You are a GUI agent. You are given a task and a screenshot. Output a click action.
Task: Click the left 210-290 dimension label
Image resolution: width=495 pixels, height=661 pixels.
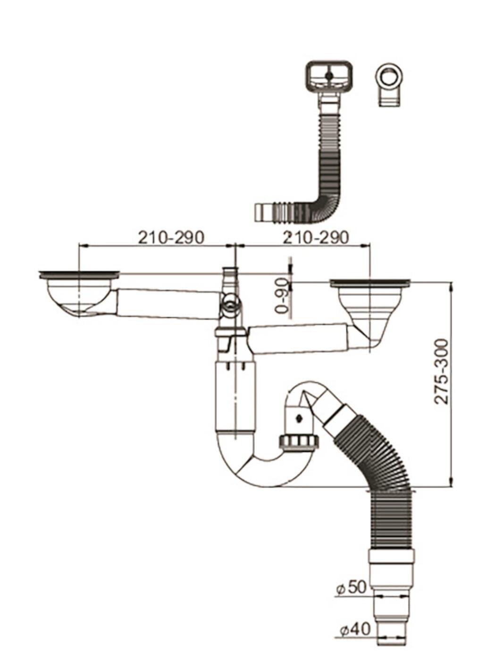(x=171, y=237)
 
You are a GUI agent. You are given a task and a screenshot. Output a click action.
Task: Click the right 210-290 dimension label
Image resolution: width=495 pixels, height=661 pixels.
(x=316, y=237)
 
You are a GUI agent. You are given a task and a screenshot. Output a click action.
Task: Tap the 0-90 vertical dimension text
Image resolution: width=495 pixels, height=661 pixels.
(x=283, y=296)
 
